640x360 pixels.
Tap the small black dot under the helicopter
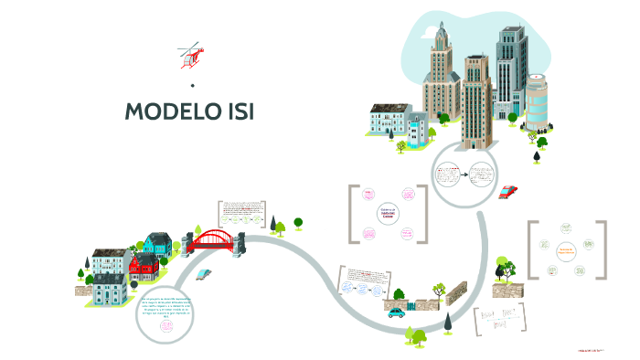pyautogui.click(x=193, y=85)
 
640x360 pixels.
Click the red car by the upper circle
pyautogui.click(x=508, y=191)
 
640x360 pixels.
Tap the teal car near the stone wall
pyautogui.click(x=396, y=312)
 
